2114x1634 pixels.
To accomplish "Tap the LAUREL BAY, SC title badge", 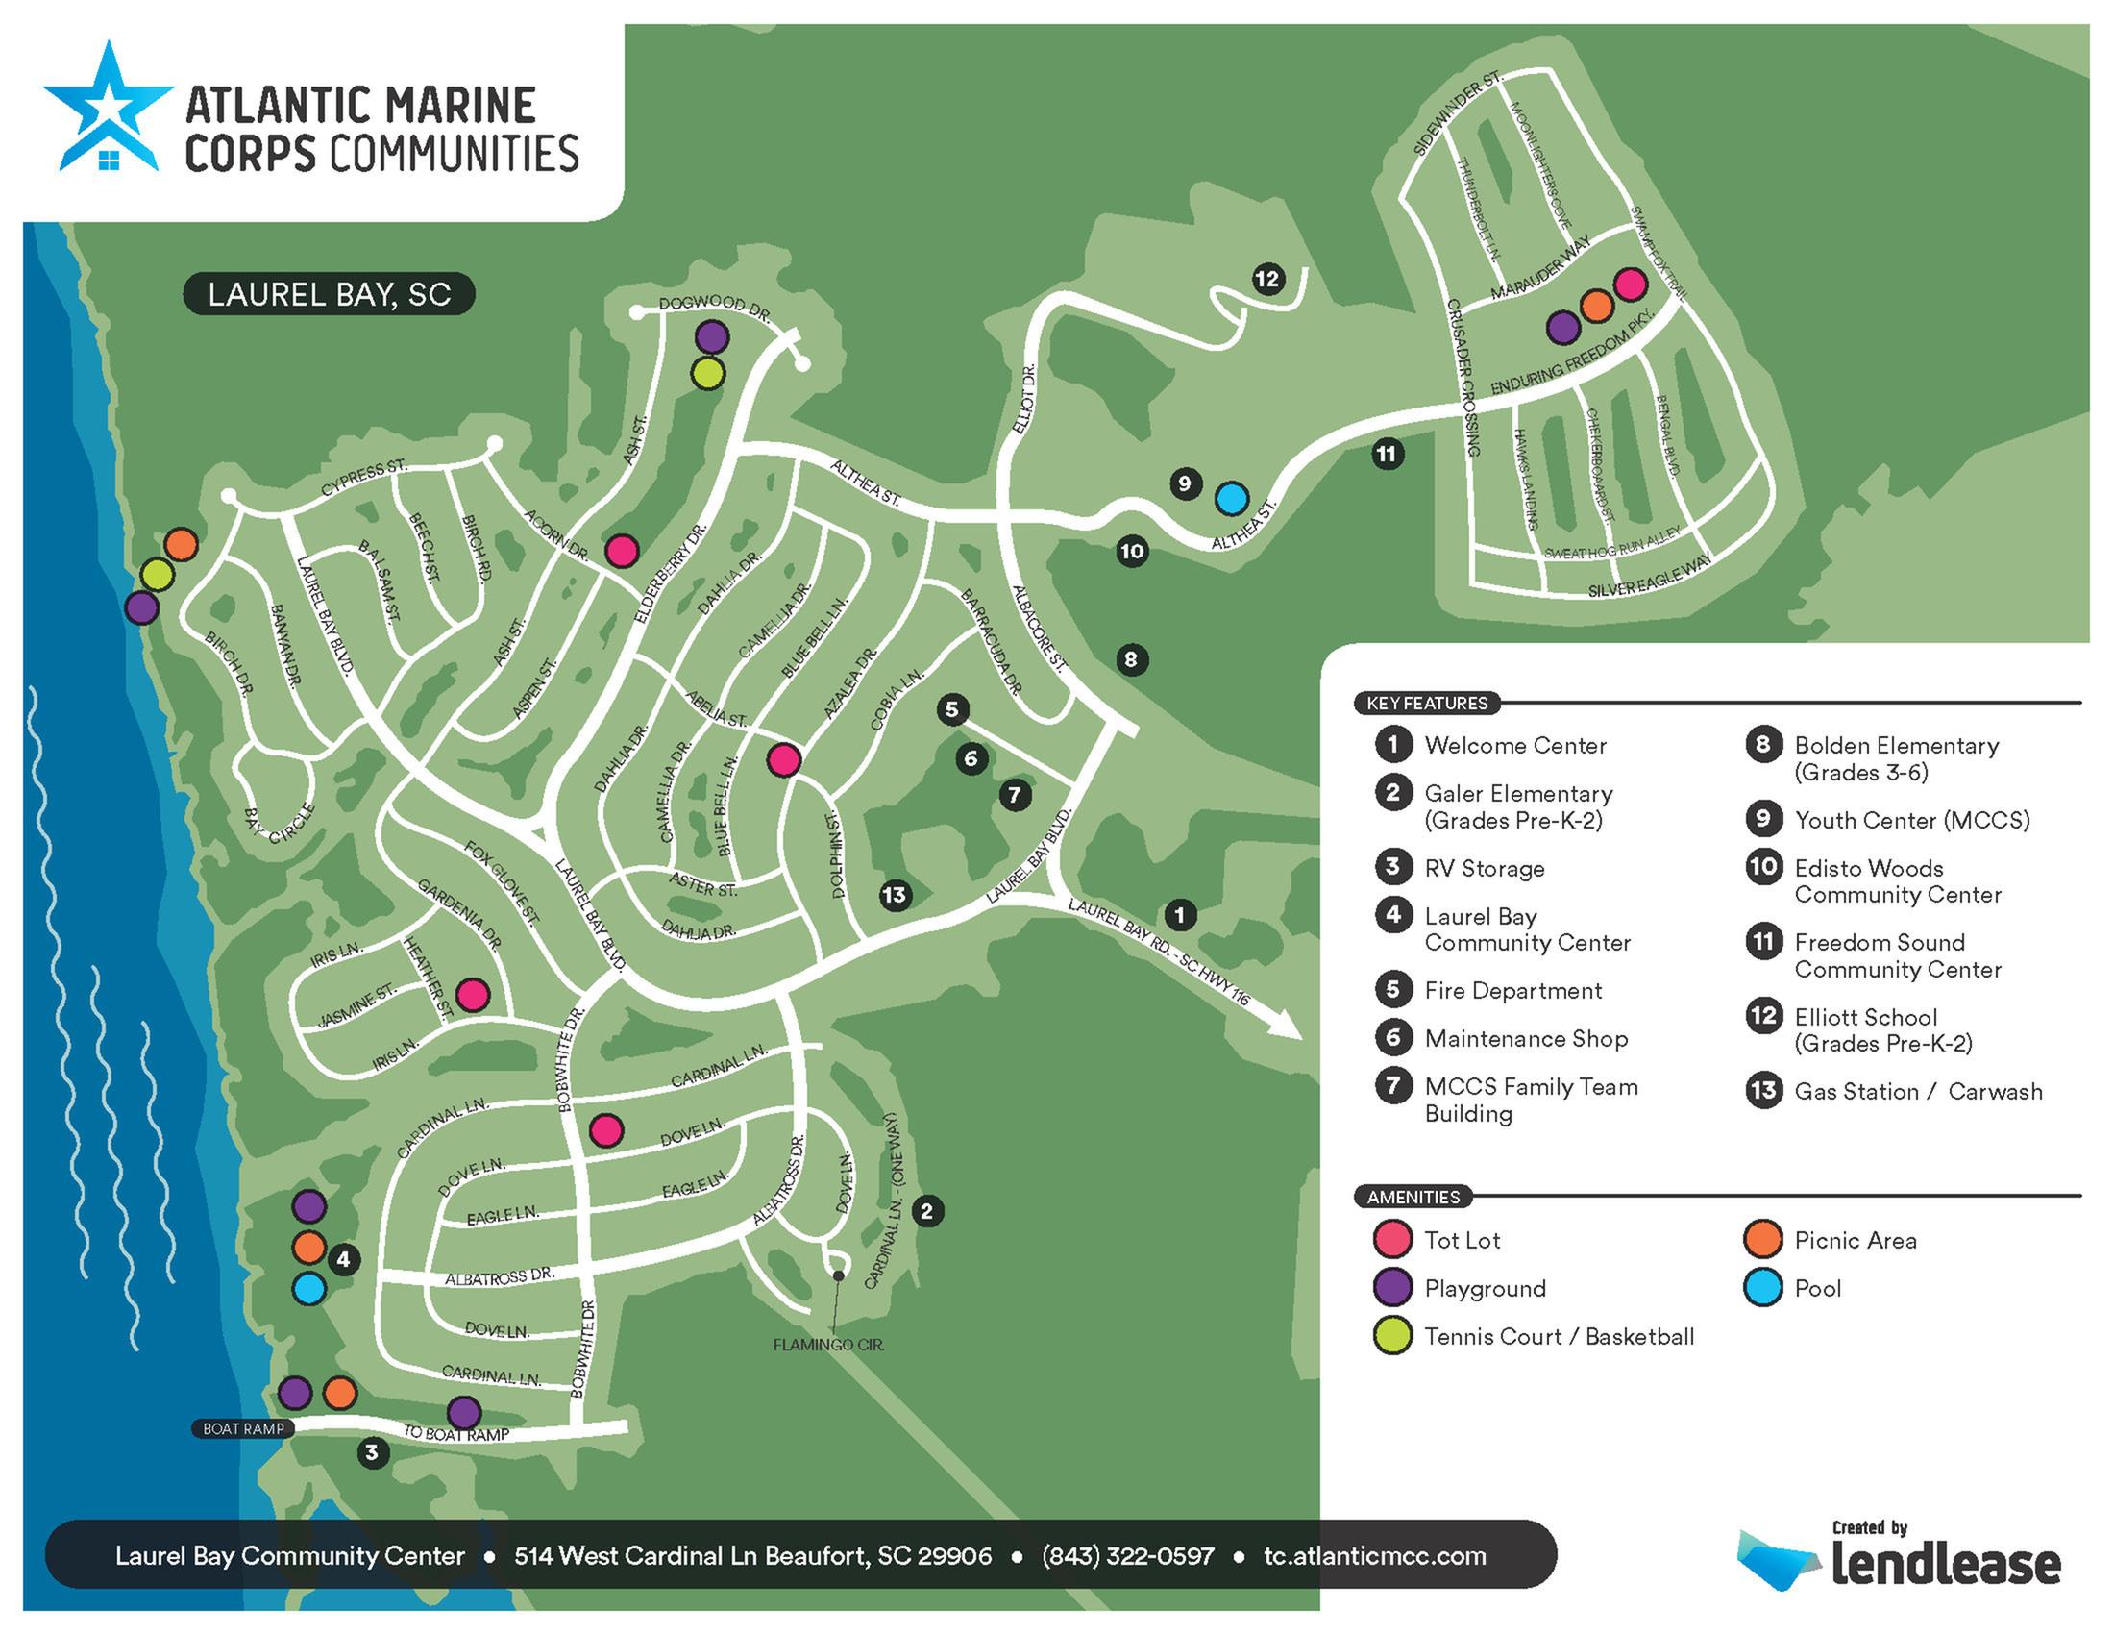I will pos(329,294).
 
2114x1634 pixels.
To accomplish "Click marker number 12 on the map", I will pos(1267,280).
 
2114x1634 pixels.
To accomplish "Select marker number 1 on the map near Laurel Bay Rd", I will pos(1179,914).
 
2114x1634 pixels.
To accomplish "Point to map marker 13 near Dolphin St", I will pos(895,895).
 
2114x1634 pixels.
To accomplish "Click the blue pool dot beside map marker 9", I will pos(1231,499).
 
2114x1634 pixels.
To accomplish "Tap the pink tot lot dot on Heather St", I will pos(473,994).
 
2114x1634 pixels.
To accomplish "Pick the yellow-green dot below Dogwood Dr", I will pos(707,373).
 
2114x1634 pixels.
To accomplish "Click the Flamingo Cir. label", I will pos(828,1345).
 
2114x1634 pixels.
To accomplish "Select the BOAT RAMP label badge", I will pos(243,1428).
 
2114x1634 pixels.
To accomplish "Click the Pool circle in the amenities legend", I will pos(1762,1288).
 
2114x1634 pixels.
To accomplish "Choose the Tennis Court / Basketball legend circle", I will pos(1393,1337).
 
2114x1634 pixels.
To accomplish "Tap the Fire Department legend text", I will pos(1512,990).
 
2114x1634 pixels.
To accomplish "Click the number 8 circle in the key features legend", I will pos(1762,744).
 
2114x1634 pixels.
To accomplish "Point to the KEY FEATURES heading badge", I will pos(1427,703).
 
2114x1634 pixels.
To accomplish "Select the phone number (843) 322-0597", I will pos(1128,1555).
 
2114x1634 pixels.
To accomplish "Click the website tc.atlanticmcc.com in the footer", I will pos(1374,1555).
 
